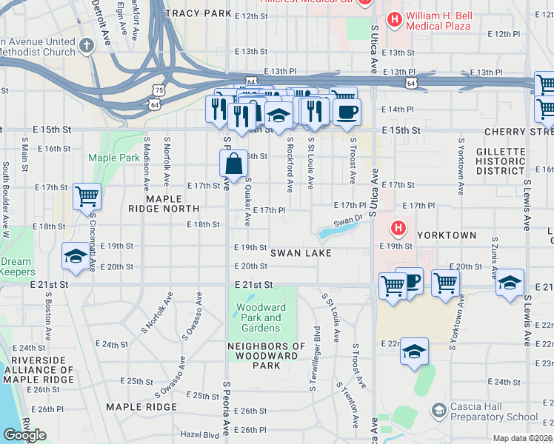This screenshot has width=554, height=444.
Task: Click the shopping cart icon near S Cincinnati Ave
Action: point(87,197)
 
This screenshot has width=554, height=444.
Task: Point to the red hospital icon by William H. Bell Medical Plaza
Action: point(395,20)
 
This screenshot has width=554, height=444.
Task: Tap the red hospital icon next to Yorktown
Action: point(398,228)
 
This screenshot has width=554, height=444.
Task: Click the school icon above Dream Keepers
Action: point(75,256)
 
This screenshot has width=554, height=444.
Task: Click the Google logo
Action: point(24,435)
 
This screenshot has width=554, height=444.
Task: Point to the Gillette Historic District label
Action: point(501,161)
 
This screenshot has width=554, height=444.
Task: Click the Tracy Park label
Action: point(198,13)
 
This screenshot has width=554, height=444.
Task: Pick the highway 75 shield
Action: point(157,89)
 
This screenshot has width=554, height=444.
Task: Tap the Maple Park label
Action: point(113,158)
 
